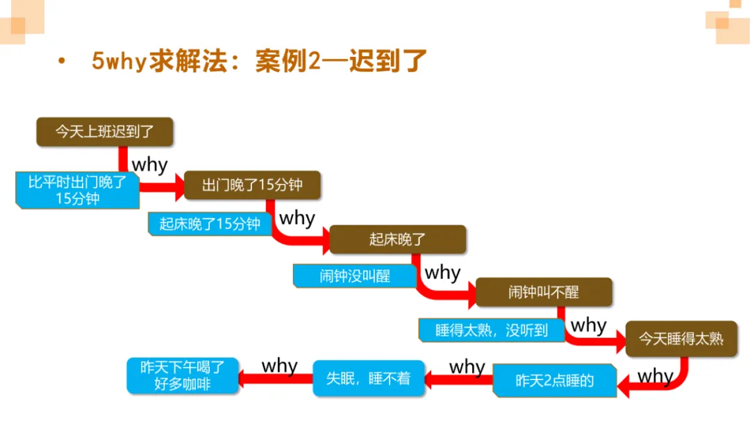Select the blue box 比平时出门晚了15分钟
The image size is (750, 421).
pos(77,190)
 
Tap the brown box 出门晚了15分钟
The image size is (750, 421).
pos(252,185)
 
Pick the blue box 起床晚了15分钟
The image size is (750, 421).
pos(210,223)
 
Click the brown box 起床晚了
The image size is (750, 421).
pos(397,239)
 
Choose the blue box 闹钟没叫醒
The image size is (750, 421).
pos(355,275)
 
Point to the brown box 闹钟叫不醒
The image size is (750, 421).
pos(543,292)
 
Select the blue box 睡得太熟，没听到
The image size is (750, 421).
pos(491,330)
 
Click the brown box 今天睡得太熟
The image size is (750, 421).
pos(681,338)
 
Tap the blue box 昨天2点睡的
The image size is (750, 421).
pos(554,380)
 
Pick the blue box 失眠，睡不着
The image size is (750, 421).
pos(368,378)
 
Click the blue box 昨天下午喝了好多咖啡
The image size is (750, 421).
pos(183,375)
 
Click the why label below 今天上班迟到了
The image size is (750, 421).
pos(149,165)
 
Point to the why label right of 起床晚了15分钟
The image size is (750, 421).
pos(297,218)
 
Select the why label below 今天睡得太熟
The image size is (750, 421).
pos(655,377)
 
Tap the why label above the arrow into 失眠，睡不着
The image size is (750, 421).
pos(467,366)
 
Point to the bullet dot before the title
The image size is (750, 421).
pos(62,62)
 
